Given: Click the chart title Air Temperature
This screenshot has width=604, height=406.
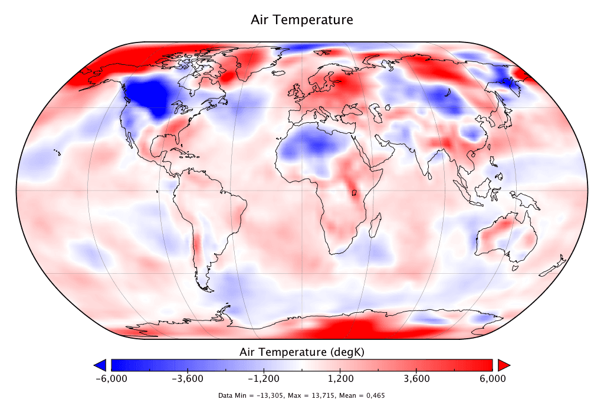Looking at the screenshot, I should [302, 19].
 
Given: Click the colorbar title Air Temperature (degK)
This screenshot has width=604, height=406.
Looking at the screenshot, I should [302, 352].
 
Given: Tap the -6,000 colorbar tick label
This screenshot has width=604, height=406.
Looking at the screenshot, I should [111, 379].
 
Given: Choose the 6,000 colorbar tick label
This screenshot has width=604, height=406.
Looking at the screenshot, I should [493, 379].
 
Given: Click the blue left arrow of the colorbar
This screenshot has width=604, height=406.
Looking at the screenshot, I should [100, 364].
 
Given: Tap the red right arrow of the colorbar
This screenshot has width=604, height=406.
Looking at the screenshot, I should [503, 364].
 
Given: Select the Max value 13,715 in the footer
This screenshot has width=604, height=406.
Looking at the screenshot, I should [324, 395].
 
